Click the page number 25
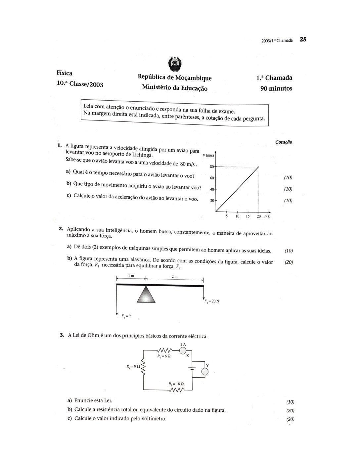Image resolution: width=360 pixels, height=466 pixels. tap(303, 39)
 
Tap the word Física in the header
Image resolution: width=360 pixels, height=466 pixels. tap(65, 73)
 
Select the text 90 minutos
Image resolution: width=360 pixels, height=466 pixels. tap(276, 88)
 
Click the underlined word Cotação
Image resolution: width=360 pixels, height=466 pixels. tap(284, 142)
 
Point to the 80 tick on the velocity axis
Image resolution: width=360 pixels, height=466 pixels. tap(212, 166)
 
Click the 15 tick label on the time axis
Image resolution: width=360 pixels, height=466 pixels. tap(247, 216)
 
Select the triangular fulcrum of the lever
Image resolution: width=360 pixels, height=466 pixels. tap(146, 294)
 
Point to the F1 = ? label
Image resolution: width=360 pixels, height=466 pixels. tap(126, 316)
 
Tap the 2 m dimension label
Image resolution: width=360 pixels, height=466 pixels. tap(174, 276)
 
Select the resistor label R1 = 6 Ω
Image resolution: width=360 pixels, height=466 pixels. tap(164, 356)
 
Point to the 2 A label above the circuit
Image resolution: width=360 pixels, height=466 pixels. tap(183, 344)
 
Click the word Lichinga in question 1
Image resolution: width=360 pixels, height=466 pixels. tap(142, 155)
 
